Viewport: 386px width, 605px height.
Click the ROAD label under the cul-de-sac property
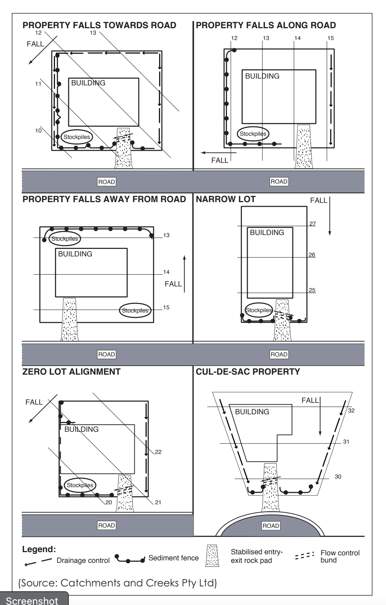[x=271, y=526]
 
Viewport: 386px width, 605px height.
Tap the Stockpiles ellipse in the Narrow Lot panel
[x=259, y=310]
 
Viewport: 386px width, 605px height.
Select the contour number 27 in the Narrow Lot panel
[x=312, y=224]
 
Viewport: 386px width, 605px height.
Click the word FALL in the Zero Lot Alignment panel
[x=34, y=402]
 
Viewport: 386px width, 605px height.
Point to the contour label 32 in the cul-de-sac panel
[x=351, y=410]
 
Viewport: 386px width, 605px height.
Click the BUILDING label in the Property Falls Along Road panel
[x=262, y=76]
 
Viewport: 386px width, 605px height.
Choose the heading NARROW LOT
[x=226, y=199]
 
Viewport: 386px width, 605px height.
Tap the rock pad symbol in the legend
[x=212, y=556]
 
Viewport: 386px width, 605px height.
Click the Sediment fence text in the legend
[x=173, y=558]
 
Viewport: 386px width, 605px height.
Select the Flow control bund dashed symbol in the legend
[x=305, y=556]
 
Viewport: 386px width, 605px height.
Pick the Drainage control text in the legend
[x=83, y=560]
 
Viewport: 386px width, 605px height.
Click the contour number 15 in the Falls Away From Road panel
[x=166, y=307]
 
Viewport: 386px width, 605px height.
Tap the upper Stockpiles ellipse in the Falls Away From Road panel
[x=65, y=239]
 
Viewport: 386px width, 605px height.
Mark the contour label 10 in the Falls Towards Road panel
[x=38, y=130]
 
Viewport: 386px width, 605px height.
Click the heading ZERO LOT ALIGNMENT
[x=71, y=372]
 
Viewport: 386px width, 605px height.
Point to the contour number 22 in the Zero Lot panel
[x=158, y=452]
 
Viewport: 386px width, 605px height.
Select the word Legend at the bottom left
[x=39, y=549]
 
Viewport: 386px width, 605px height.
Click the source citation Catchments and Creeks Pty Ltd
[x=118, y=583]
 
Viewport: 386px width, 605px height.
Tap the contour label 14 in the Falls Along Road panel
[x=297, y=38]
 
